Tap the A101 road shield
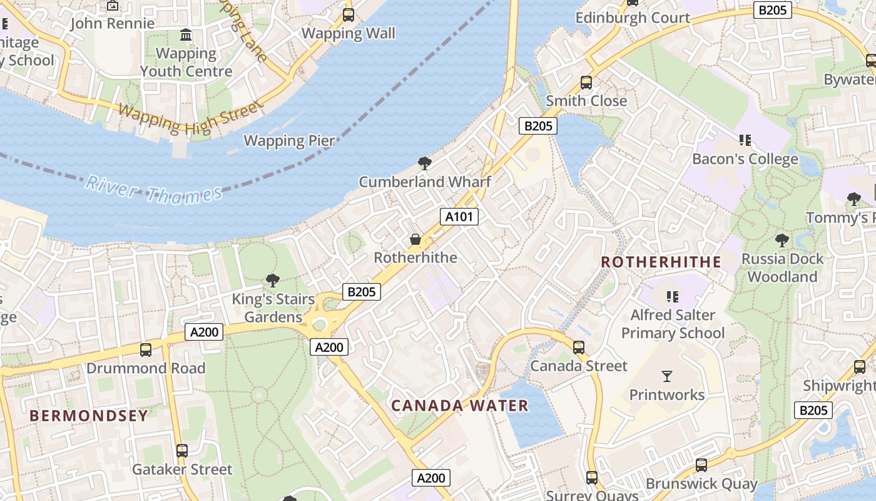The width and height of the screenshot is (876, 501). click(459, 217)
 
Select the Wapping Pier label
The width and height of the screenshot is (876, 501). click(289, 140)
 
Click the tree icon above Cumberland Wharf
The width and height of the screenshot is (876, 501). click(425, 164)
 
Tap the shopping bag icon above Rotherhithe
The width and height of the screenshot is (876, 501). click(415, 239)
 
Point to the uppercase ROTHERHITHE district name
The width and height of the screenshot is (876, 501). click(661, 262)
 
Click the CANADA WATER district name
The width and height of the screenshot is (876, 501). click(460, 406)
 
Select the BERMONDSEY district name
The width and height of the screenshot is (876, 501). click(89, 416)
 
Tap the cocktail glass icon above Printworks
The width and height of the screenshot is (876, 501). click(667, 376)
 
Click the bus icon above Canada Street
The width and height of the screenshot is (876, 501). click(579, 347)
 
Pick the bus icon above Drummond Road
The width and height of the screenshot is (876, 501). click(146, 349)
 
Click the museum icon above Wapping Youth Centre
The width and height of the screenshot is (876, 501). click(186, 35)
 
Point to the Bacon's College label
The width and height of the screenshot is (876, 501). click(745, 159)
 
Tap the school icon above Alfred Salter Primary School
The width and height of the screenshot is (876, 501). click(673, 296)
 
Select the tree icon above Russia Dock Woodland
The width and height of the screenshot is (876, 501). click(782, 240)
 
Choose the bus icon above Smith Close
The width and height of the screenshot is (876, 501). click(586, 82)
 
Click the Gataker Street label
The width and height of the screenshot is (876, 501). click(182, 469)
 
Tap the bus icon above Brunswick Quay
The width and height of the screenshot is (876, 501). click(701, 465)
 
